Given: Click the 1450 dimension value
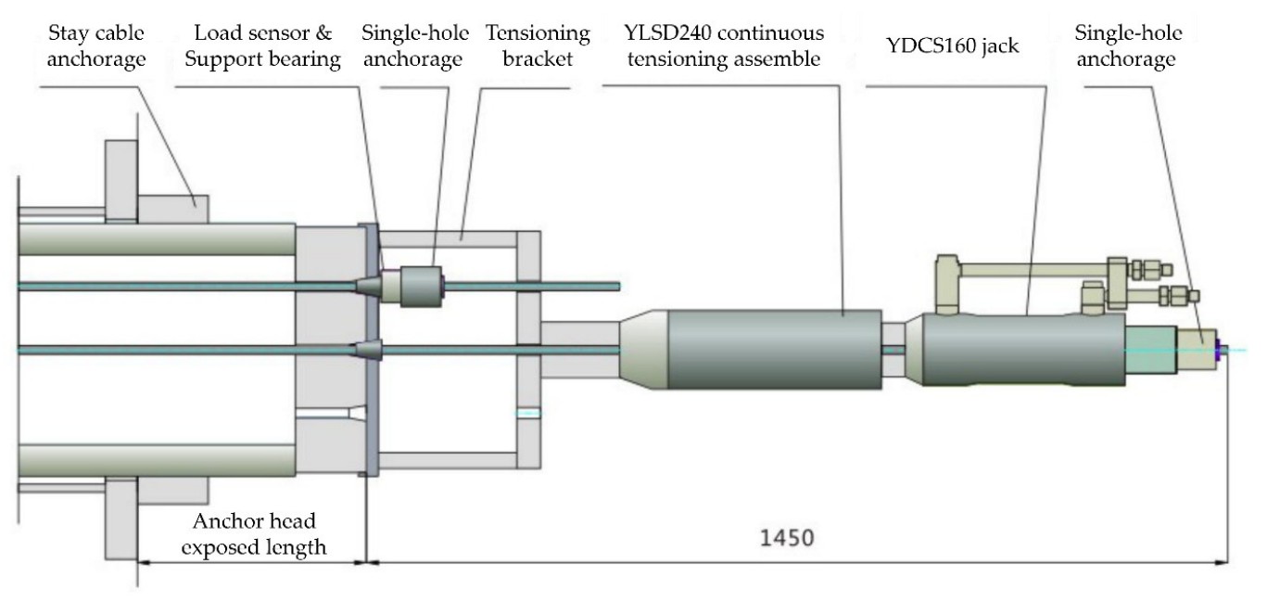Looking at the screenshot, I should (789, 538).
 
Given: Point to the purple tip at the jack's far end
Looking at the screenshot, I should (1223, 350).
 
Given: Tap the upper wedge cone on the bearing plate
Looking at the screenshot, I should (367, 286).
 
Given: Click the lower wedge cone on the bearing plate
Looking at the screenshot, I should (367, 350).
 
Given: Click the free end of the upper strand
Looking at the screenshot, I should (615, 285).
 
